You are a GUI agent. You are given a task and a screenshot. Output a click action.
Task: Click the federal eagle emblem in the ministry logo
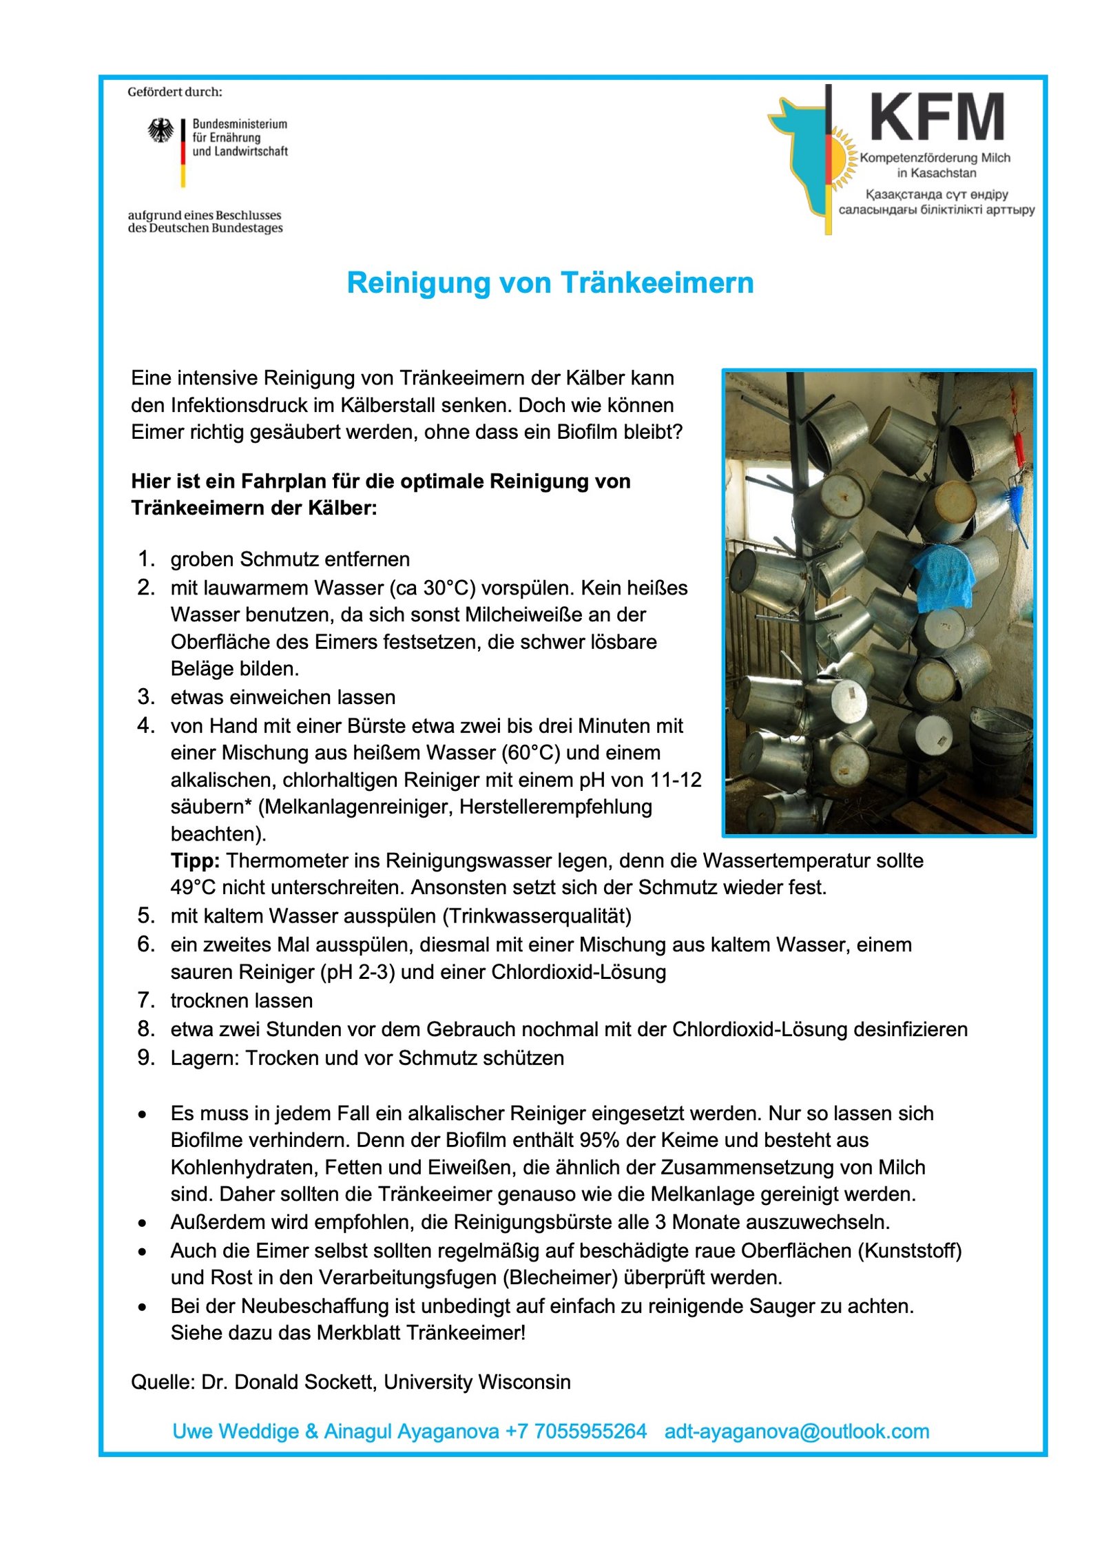[x=161, y=130]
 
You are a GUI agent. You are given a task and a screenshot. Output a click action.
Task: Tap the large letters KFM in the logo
[x=937, y=118]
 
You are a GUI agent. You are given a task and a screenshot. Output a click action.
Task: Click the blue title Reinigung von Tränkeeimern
[x=550, y=283]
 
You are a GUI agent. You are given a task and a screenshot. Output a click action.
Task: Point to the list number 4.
[x=145, y=725]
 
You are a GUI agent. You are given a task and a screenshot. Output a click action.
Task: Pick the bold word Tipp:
[x=195, y=860]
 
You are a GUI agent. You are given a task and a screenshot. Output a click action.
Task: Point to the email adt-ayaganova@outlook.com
[x=796, y=1432]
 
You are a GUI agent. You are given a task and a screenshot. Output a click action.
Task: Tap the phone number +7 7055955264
[x=576, y=1432]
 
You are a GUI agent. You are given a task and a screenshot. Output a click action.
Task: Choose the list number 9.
[x=145, y=1057]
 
